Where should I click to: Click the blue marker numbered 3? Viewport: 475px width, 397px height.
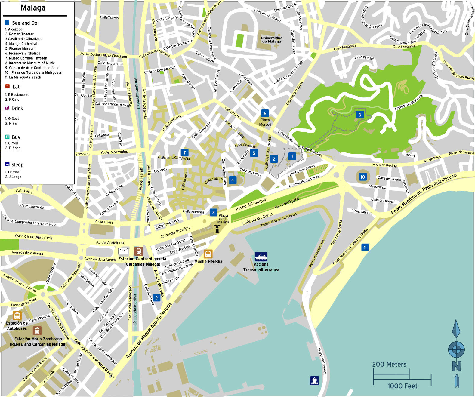tap(360, 115)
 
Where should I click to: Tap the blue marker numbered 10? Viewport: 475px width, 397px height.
tap(363, 177)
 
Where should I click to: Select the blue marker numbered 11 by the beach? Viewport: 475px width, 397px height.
tap(365, 248)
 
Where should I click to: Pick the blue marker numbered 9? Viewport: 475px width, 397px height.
tap(156, 298)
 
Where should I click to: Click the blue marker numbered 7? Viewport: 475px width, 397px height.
tap(185, 153)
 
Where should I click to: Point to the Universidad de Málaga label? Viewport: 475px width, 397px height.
tap(272, 40)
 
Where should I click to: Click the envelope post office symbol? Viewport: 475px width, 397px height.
tap(123, 251)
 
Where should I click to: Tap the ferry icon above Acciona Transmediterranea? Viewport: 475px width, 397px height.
tap(261, 257)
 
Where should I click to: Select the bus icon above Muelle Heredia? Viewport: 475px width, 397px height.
tap(208, 254)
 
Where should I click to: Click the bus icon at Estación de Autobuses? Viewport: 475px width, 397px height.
tap(17, 316)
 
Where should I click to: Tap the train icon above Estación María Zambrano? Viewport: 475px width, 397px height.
tap(37, 331)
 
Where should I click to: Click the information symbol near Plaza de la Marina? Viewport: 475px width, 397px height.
tap(217, 229)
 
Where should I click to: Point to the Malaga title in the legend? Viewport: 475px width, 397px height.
tap(33, 8)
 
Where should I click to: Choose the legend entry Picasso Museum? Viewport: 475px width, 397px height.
tap(20, 48)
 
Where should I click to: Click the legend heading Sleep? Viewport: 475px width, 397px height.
tap(17, 165)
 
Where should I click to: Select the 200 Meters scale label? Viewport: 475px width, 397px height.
tap(389, 364)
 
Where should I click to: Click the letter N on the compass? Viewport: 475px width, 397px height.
tap(456, 366)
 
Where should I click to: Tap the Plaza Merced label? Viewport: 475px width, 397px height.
tap(265, 122)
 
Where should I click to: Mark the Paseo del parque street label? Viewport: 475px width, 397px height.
tap(251, 204)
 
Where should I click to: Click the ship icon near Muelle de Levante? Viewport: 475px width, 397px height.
tap(314, 380)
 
